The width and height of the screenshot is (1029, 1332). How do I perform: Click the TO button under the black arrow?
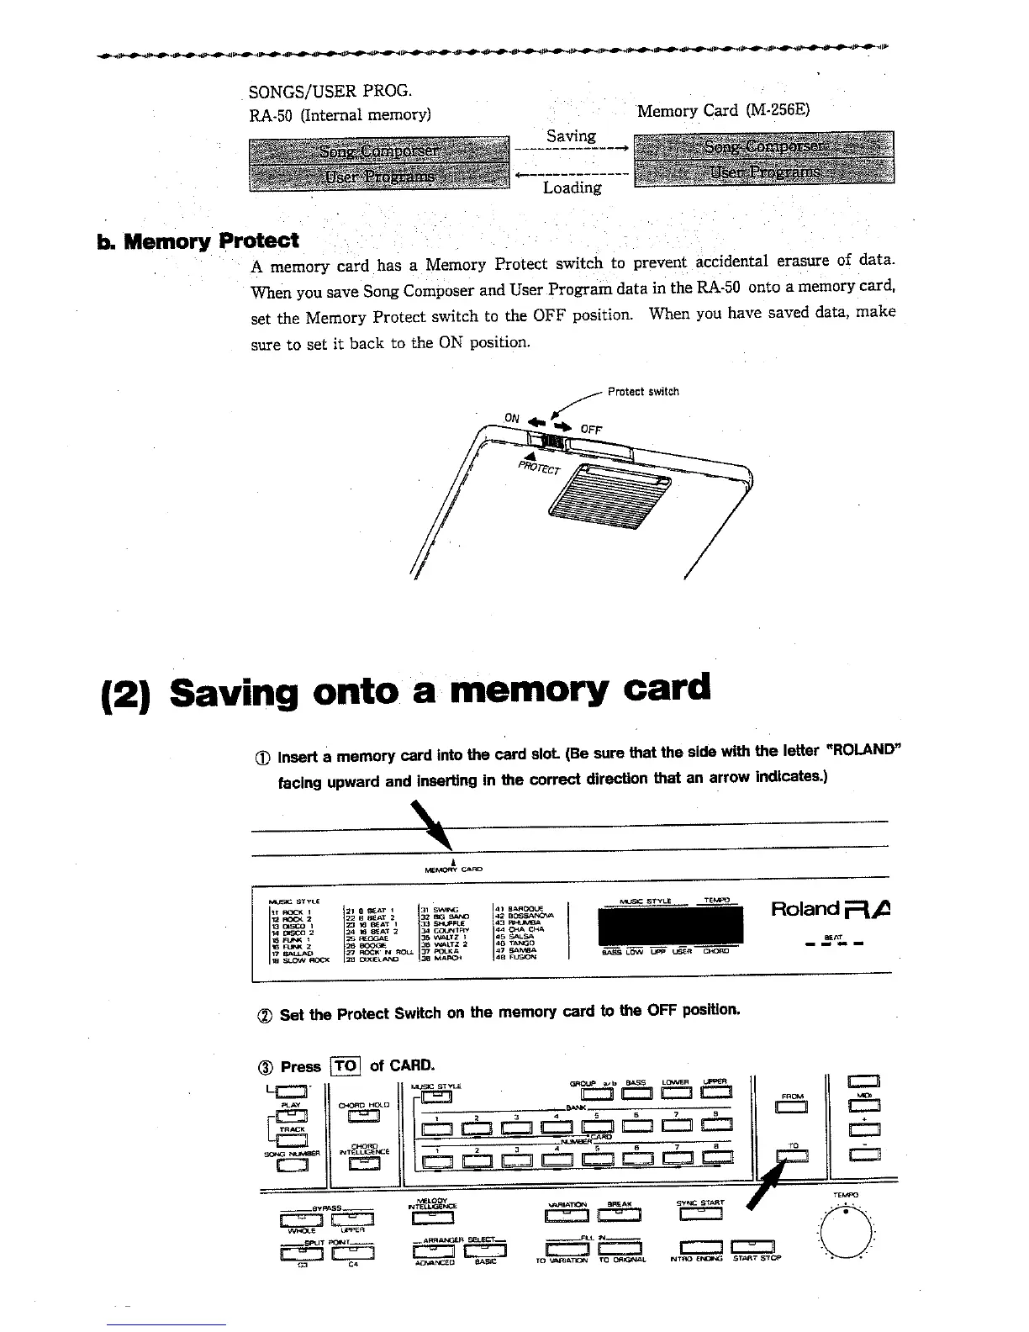[793, 1158]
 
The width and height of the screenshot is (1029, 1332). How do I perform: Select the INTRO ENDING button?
[700, 1248]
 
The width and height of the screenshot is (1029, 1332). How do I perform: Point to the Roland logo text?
[805, 909]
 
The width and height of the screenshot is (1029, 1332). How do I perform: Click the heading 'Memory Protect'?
[210, 241]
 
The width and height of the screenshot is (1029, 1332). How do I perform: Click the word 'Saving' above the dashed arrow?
[571, 135]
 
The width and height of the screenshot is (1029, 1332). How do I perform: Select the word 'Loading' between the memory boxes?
[572, 188]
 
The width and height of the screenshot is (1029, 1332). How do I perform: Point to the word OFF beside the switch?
[590, 430]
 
